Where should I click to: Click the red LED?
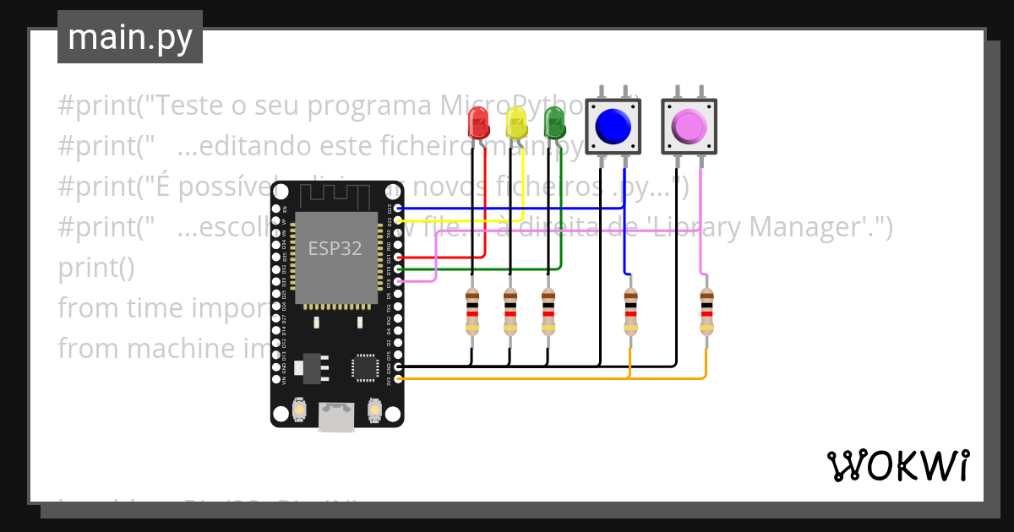tap(478, 123)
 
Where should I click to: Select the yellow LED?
tap(516, 123)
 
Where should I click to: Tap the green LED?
tap(554, 122)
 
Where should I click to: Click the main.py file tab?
tap(130, 37)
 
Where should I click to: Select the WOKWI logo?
tap(897, 465)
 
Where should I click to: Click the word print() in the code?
tap(95, 268)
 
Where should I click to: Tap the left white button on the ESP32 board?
tap(298, 411)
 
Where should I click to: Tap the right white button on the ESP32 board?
tap(374, 411)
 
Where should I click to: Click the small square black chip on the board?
tap(365, 367)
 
